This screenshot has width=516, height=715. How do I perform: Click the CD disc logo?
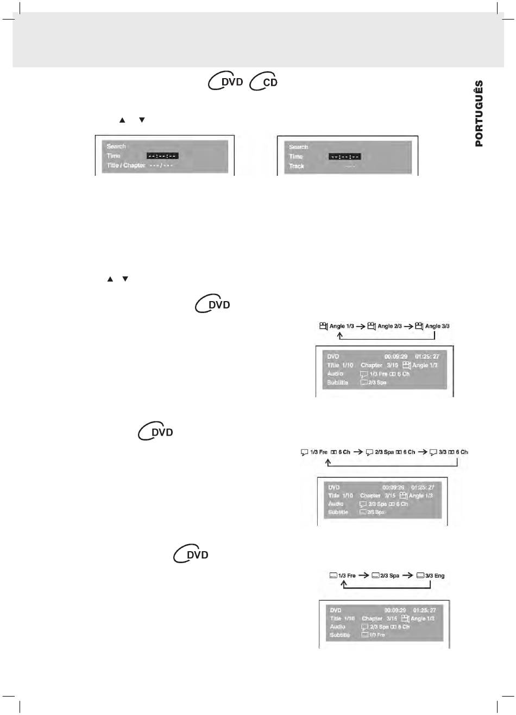coord(265,82)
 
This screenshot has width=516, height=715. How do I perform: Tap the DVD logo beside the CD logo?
coord(226,81)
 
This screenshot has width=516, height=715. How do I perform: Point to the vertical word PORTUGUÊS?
coord(479,113)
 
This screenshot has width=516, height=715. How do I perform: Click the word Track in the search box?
coord(297,166)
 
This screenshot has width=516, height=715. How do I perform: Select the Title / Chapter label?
coord(126,165)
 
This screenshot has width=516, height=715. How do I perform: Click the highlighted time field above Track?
coord(344,157)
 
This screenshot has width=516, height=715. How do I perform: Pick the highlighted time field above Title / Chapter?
coord(162,156)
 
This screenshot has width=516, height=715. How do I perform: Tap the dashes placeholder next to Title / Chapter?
coord(161,165)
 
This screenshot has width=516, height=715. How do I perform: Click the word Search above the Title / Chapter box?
coord(116,146)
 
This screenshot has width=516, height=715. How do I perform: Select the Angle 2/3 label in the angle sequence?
coord(389,326)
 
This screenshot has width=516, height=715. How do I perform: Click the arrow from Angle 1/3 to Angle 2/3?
coord(361,327)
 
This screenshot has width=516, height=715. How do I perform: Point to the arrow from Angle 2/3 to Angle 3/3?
coord(408,327)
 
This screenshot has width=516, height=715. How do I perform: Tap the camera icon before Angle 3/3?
coord(419,326)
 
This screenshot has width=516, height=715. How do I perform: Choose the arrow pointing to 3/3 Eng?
coord(408,576)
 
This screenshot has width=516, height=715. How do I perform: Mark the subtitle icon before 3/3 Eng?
coord(420,576)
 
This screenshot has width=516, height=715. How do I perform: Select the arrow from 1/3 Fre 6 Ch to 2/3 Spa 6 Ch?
coord(358,452)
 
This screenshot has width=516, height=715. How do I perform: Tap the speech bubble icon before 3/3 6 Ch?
coord(433,452)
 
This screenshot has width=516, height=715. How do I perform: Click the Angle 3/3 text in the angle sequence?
coord(437,326)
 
